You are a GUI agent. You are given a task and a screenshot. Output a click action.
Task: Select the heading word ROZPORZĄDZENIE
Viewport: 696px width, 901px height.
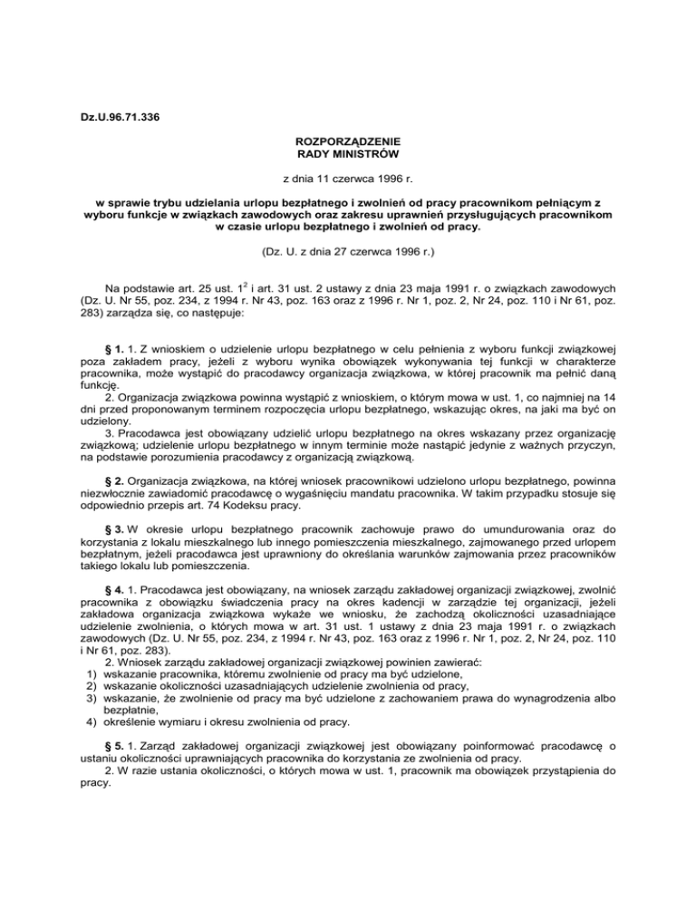(x=348, y=142)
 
